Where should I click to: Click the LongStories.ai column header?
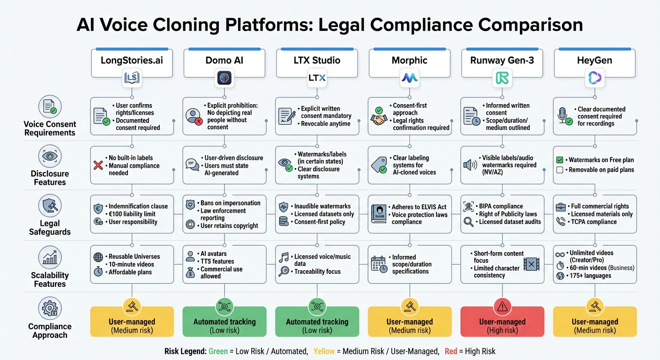(132, 60)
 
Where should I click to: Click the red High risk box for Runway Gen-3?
(502, 322)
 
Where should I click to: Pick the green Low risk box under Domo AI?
(224, 322)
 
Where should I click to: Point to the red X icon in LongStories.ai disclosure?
(98, 165)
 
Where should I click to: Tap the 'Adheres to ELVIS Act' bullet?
(419, 207)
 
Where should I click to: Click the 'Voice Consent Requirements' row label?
(50, 128)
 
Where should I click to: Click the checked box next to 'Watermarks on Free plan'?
(559, 160)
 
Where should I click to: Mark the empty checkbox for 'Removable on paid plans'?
(559, 170)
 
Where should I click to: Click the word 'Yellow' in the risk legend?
(324, 351)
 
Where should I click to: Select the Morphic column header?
(410, 60)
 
